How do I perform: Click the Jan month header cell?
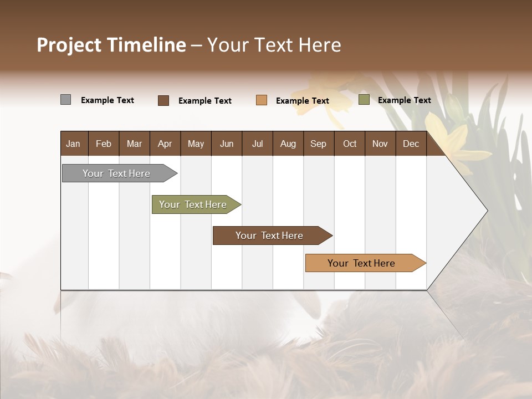tap(74, 144)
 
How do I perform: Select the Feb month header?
tap(104, 144)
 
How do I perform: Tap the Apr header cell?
tap(165, 144)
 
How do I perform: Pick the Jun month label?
tap(227, 144)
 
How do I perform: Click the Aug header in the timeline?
tap(288, 144)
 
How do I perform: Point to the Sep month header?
tap(319, 144)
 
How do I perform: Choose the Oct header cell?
tap(350, 144)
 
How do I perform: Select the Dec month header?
tap(411, 144)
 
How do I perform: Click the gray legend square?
tap(65, 100)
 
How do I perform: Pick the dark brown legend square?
tap(163, 100)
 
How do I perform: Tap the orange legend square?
tap(262, 100)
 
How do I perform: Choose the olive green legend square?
tap(364, 100)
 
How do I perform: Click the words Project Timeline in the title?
tap(111, 45)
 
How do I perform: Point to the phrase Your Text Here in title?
tap(274, 45)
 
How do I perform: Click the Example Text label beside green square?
tap(404, 100)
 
